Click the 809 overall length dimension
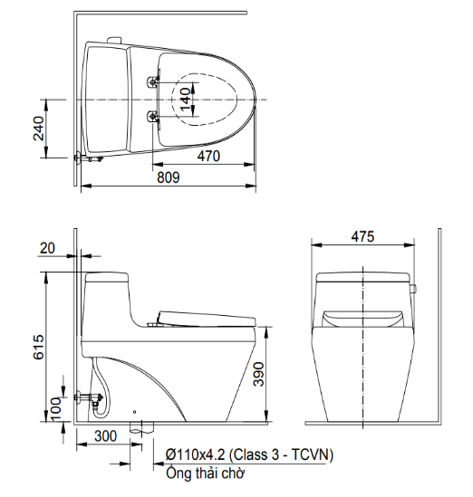pyautogui.click(x=169, y=177)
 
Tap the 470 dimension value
pyautogui.click(x=208, y=157)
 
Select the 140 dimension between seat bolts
pyautogui.click(x=186, y=100)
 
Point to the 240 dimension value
pyautogui.click(x=39, y=129)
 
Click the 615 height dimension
pyautogui.click(x=39, y=347)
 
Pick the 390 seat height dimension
pyautogui.click(x=258, y=375)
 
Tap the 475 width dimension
pyautogui.click(x=362, y=236)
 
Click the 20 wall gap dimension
pyautogui.click(x=47, y=248)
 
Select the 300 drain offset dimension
pyautogui.click(x=106, y=436)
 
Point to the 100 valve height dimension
pyautogui.click(x=56, y=409)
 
